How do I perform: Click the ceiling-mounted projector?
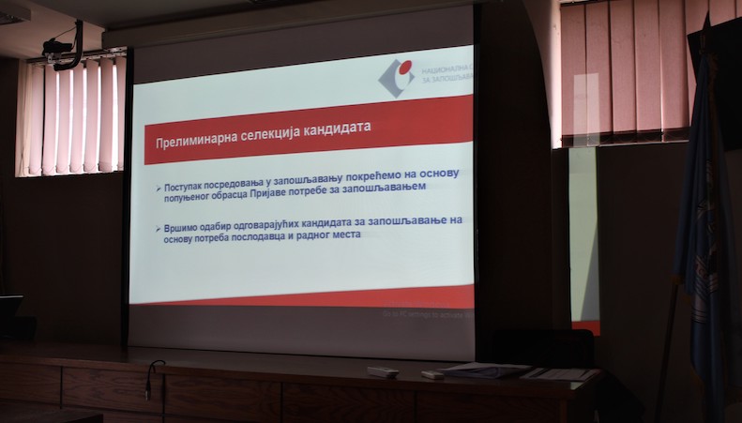[x=62, y=48]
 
